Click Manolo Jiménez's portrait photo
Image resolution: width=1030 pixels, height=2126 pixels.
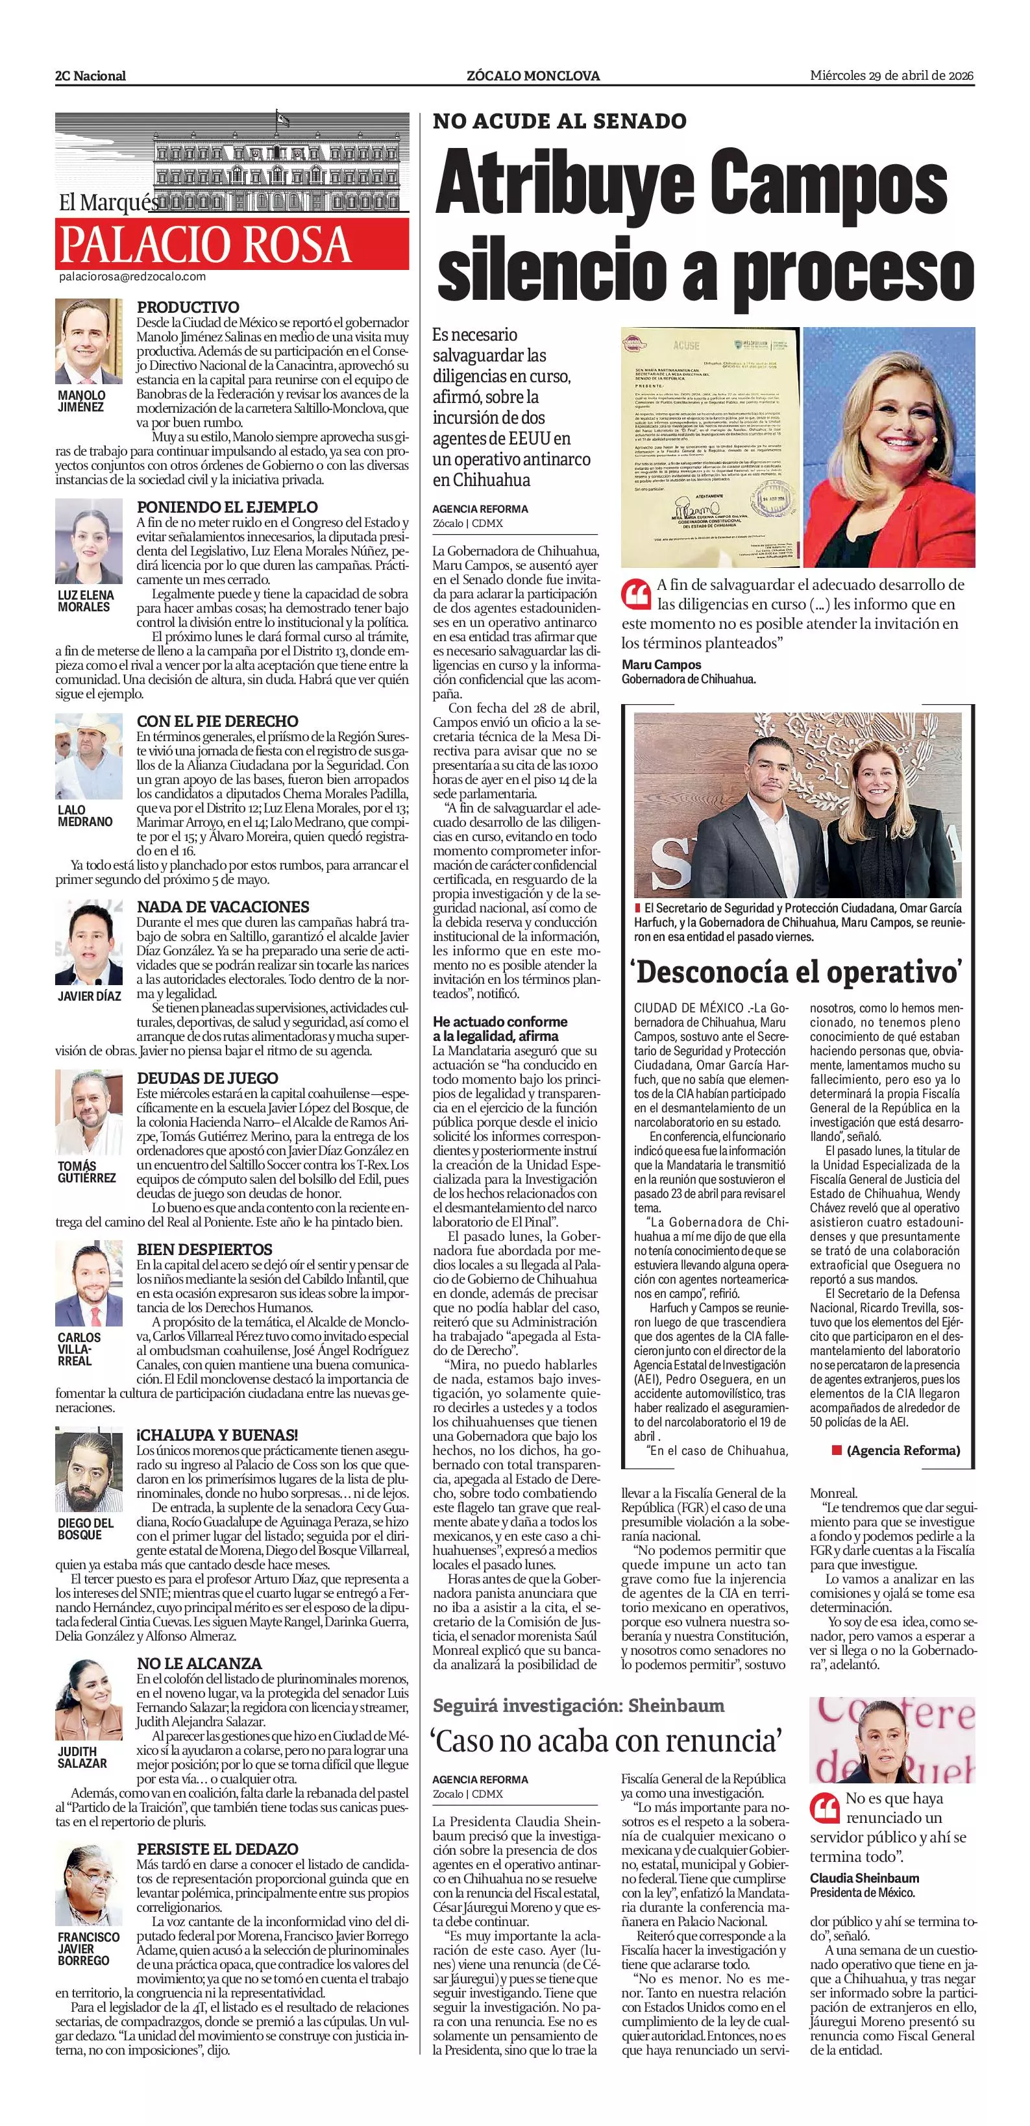click(89, 341)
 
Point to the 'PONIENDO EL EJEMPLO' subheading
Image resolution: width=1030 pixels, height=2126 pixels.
click(227, 507)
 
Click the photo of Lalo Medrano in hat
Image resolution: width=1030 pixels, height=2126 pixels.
click(89, 757)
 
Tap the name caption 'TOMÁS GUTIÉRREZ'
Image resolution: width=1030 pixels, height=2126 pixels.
click(86, 1172)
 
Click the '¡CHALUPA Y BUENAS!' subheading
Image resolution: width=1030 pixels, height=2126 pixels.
click(217, 1436)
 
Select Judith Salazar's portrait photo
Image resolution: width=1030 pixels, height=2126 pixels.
click(89, 1700)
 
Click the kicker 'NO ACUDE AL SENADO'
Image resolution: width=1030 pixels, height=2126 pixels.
click(559, 121)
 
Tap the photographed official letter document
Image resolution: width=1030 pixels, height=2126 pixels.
click(710, 446)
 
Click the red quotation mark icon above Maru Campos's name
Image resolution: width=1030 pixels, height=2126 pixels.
click(636, 593)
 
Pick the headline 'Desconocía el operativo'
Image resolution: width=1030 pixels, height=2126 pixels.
click(797, 971)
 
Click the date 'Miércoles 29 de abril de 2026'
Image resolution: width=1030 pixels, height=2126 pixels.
click(891, 76)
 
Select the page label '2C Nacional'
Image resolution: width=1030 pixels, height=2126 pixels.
click(91, 76)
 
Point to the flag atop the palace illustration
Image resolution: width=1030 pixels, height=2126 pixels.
click(283, 118)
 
